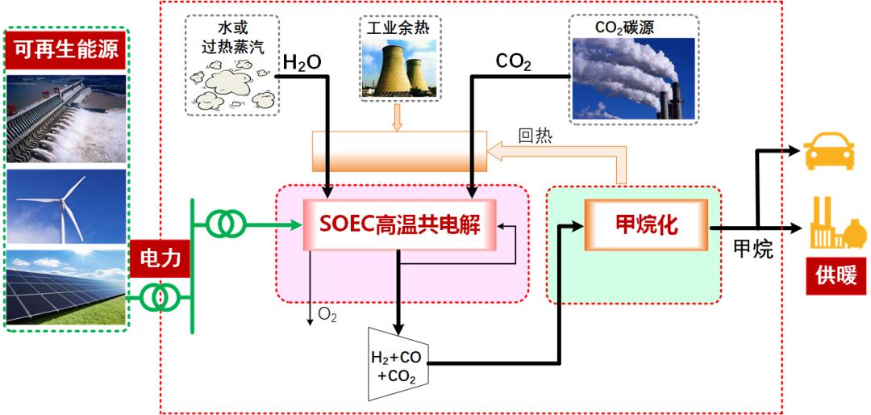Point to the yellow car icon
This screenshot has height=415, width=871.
pyautogui.click(x=830, y=150)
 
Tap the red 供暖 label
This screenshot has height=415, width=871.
pyautogui.click(x=836, y=275)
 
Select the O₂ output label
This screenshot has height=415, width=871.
pyautogui.click(x=327, y=315)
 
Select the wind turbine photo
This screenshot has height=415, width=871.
pyautogui.click(x=66, y=206)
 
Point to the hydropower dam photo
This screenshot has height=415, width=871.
pyautogui.click(x=66, y=119)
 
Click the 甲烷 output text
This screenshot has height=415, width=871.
pyautogui.click(x=752, y=249)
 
